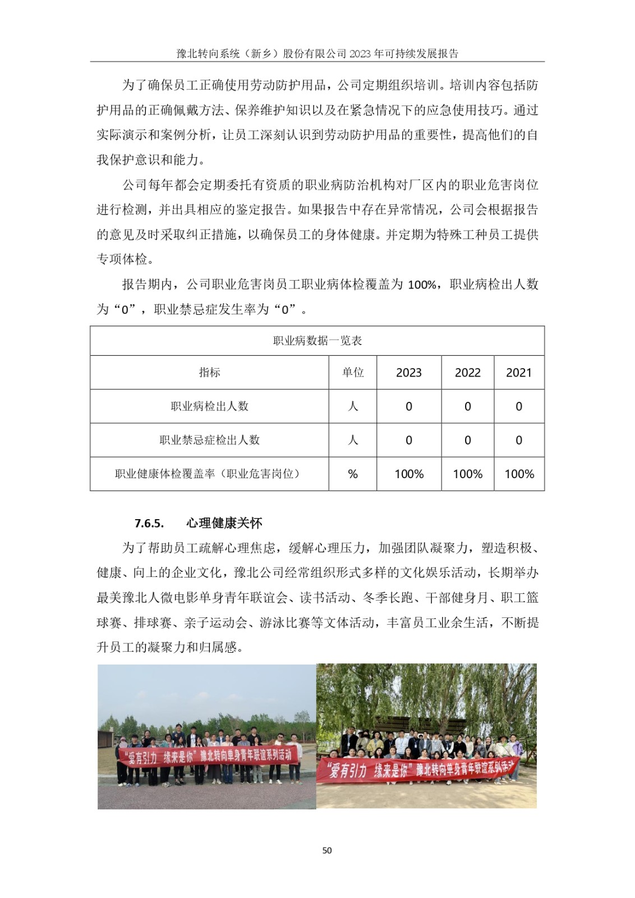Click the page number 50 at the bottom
[327, 850]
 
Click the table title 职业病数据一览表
[317, 341]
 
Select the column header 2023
[408, 373]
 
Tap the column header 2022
[467, 373]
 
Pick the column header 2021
[518, 373]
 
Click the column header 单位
[353, 372]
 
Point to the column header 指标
[209, 372]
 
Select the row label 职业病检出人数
[209, 406]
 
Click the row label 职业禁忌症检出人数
[209, 440]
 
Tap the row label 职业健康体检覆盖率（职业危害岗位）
[209, 474]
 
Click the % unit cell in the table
[353, 474]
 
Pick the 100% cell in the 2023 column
[409, 474]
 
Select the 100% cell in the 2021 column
[519, 474]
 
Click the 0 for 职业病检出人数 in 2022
[467, 406]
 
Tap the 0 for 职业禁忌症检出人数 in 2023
[408, 441]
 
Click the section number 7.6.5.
[149, 524]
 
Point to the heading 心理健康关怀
[224, 523]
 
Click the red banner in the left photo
[208, 756]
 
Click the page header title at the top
[317, 53]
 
